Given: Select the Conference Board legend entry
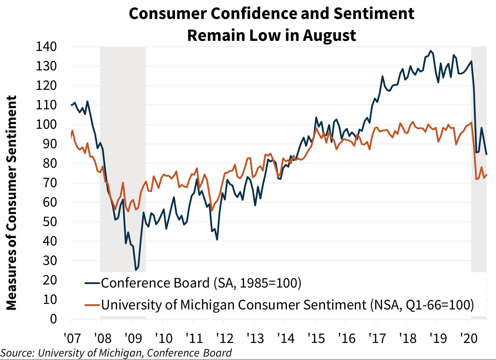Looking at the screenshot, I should click(201, 283).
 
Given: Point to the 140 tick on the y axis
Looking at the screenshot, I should click(46, 46).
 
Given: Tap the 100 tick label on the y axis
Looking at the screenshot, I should click(46, 124).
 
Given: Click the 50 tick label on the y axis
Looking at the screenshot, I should click(49, 222).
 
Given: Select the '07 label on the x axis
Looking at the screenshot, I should click(72, 338).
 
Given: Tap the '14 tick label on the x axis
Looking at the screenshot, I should click(286, 338).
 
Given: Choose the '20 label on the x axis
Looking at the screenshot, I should click(469, 338).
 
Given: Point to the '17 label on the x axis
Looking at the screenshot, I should click(377, 338).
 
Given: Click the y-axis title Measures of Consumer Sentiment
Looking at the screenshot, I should click(12, 202).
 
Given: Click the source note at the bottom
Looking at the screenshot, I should click(116, 353).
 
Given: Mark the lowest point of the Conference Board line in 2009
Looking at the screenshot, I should click(136, 270).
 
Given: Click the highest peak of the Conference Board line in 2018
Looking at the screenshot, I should click(430, 51).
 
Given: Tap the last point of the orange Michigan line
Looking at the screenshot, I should click(487, 175).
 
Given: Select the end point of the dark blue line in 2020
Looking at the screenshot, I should click(487, 154).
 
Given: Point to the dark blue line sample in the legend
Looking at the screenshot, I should click(92, 283).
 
